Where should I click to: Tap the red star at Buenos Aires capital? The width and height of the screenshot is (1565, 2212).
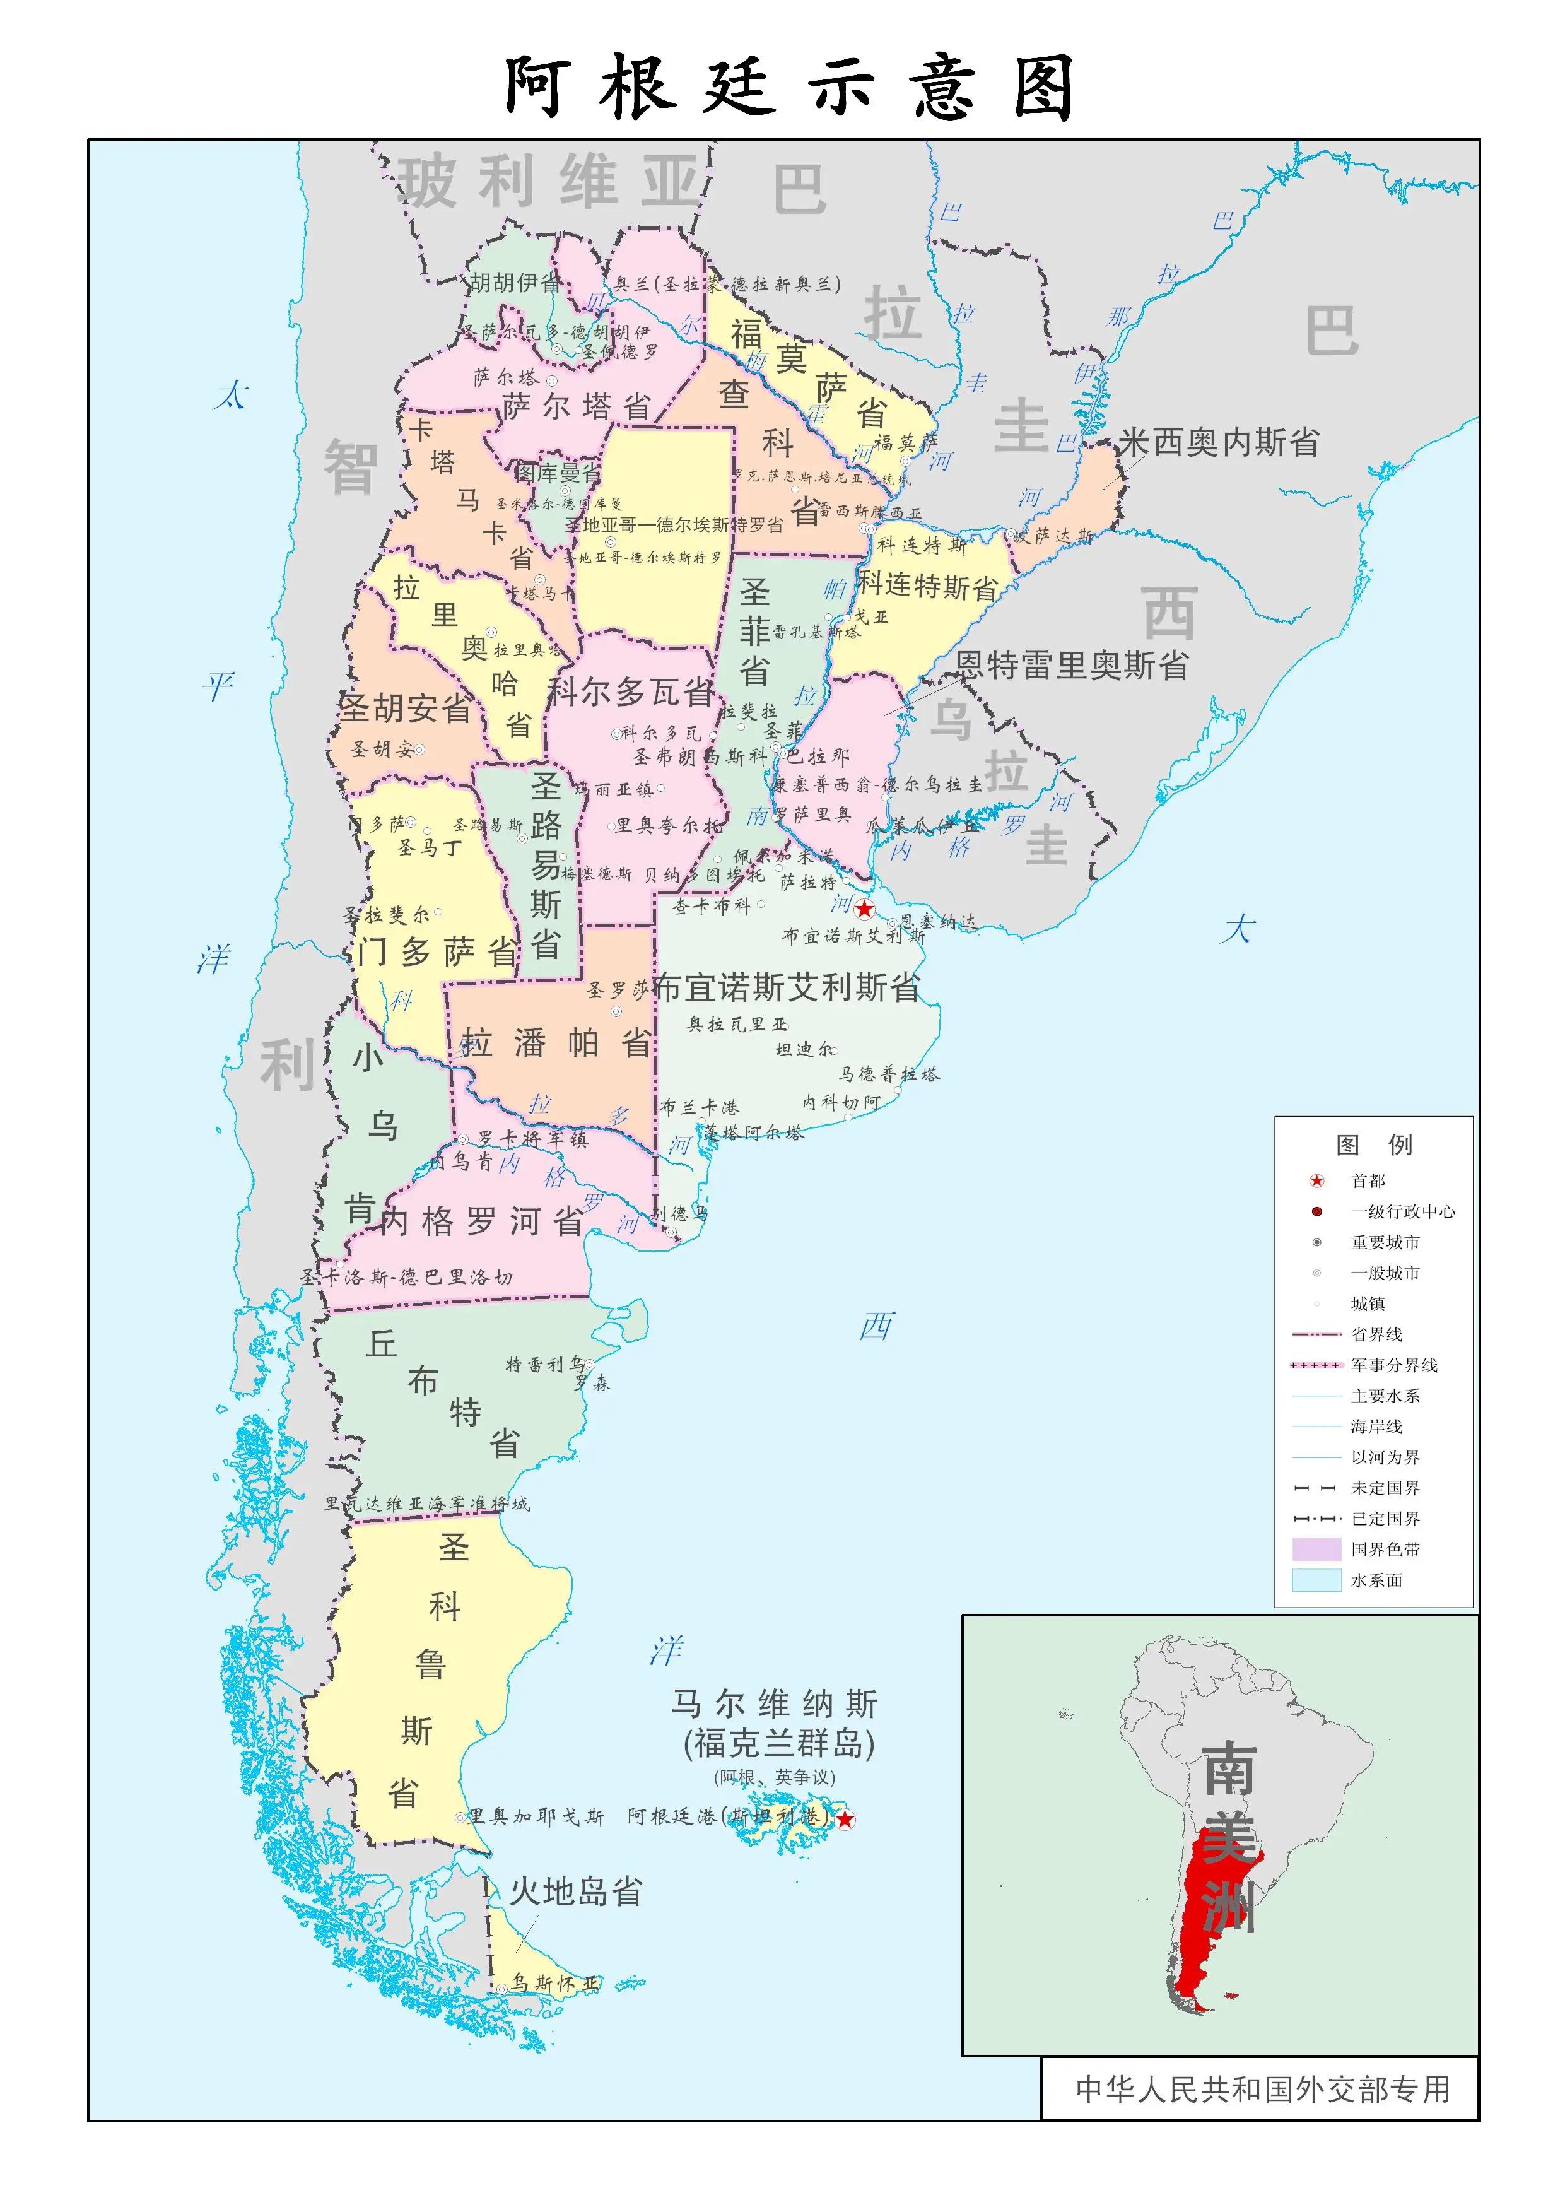click(x=864, y=909)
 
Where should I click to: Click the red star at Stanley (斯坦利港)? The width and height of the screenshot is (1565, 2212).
click(x=845, y=1819)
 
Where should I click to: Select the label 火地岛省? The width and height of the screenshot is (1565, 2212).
click(x=575, y=1891)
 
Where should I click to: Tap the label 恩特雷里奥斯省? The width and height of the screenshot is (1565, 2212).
click(x=1072, y=665)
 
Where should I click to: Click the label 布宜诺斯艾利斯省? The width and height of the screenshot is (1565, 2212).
click(x=787, y=987)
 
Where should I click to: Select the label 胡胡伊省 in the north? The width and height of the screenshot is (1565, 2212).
click(x=515, y=283)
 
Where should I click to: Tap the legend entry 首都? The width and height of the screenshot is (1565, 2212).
click(x=1368, y=1180)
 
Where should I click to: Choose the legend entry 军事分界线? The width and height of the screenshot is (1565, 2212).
click(x=1393, y=1365)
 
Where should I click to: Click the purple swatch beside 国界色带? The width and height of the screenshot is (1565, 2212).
click(x=1316, y=1549)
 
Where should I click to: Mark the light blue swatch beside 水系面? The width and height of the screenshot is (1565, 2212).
click(x=1316, y=1580)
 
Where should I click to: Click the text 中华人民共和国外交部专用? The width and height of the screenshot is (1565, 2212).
click(x=1262, y=2090)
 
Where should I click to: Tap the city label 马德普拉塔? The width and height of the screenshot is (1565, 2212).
click(x=889, y=1074)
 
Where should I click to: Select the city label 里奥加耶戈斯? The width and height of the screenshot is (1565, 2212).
click(x=536, y=1817)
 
